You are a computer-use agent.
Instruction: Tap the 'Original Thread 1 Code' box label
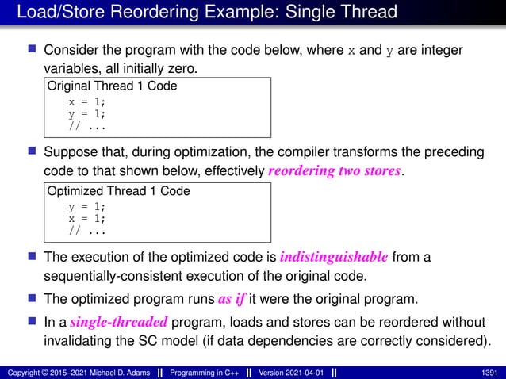[113, 86]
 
